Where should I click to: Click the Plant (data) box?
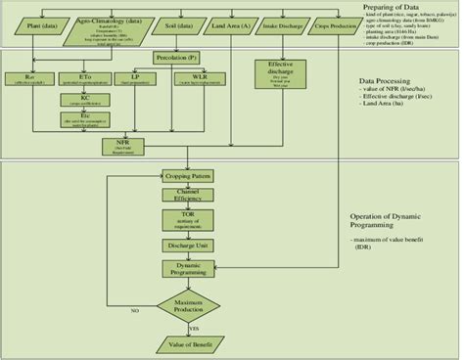(34, 17)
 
